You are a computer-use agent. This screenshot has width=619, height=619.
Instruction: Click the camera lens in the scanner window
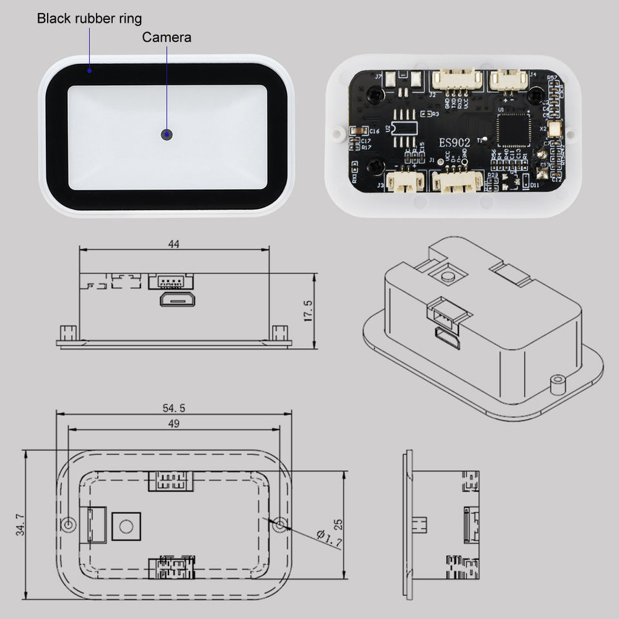click(167, 134)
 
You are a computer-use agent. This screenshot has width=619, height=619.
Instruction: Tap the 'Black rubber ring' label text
click(89, 18)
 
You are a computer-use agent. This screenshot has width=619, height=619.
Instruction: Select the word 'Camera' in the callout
click(166, 37)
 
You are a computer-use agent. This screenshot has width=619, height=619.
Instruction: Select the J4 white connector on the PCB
click(507, 80)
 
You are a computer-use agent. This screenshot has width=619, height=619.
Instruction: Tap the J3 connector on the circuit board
click(404, 181)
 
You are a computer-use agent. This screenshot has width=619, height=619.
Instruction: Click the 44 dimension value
click(173, 244)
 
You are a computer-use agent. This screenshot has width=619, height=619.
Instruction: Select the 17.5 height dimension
click(308, 311)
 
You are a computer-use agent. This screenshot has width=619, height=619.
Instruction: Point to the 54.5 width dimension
click(173, 408)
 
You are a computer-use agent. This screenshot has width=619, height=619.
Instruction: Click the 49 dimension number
click(173, 424)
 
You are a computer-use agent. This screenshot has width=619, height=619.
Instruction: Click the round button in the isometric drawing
click(447, 276)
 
